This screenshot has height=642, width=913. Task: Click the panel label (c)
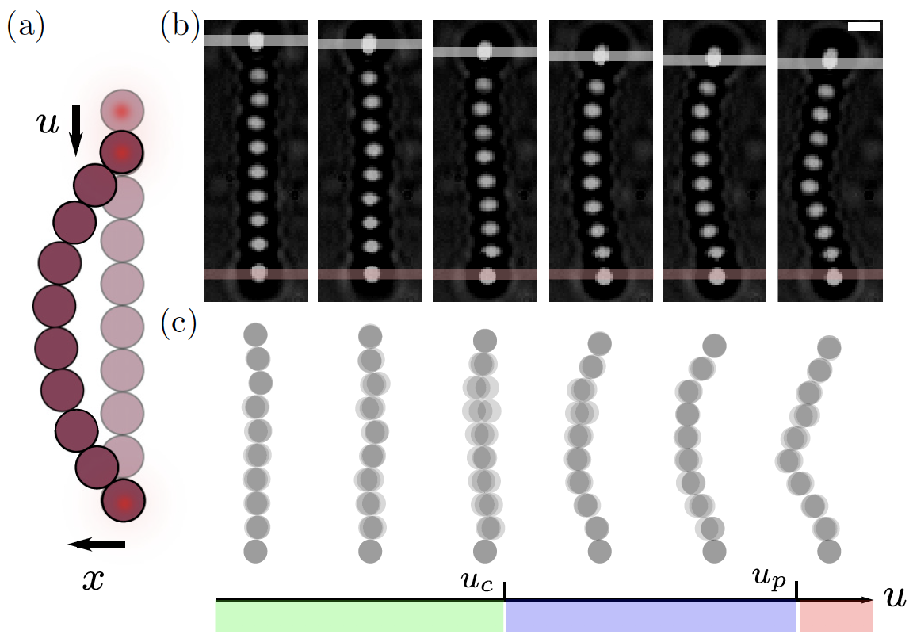click(x=179, y=323)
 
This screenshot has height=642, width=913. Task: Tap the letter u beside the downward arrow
click(x=49, y=124)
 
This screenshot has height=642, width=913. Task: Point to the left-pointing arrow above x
click(x=96, y=544)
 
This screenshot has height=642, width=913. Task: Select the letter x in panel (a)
click(x=94, y=580)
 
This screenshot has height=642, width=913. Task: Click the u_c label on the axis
click(x=478, y=583)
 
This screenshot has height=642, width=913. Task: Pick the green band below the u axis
click(x=359, y=617)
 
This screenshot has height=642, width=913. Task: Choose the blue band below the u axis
click(x=651, y=617)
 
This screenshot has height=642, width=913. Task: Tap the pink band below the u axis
click(x=836, y=617)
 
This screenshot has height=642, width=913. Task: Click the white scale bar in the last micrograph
click(x=864, y=26)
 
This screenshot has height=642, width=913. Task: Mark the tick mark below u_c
click(x=505, y=590)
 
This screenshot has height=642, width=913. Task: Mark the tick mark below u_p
click(x=796, y=590)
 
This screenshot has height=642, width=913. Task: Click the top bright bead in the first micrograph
click(x=256, y=40)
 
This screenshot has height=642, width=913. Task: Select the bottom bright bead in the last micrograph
click(x=832, y=276)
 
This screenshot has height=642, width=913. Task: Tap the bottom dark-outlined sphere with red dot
click(x=123, y=502)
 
